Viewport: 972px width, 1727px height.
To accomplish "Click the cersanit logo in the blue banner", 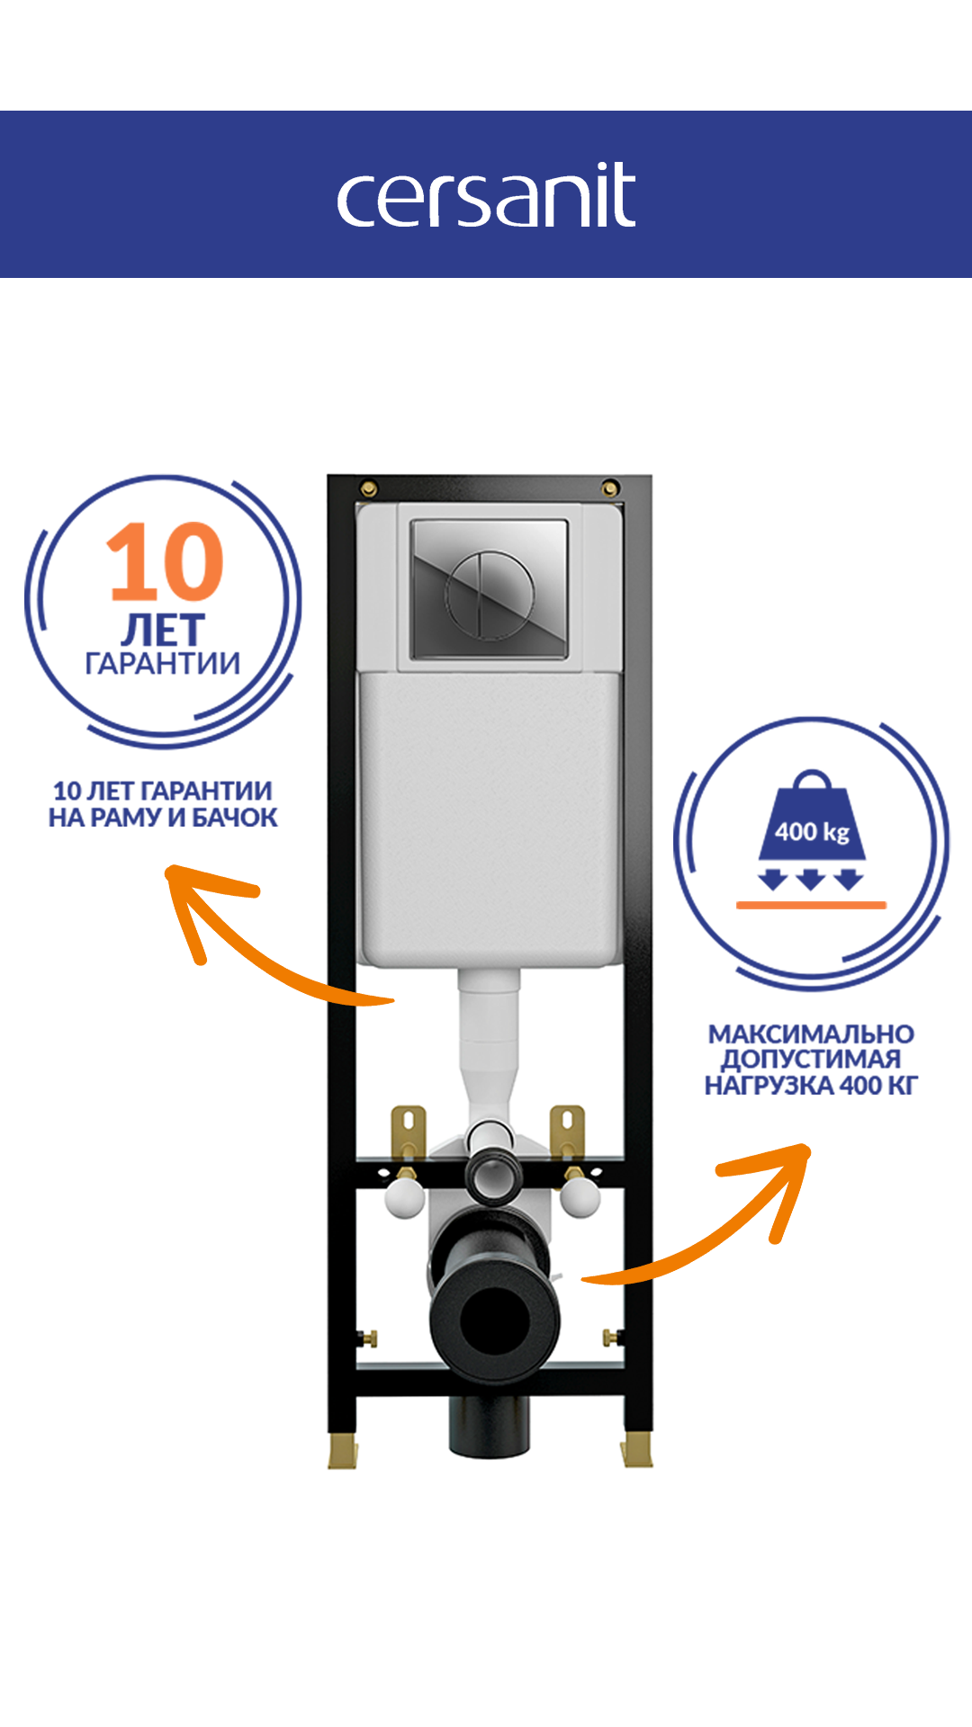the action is coord(486,195).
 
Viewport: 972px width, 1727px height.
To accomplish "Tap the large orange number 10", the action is coord(166,563).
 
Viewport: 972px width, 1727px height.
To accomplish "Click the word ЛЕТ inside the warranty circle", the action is coord(163,629).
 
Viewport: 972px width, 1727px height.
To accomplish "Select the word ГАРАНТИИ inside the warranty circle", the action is coord(163,664).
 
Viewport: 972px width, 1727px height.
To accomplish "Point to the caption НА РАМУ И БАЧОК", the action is coord(163,818).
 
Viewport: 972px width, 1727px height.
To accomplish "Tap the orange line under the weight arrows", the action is coord(811,905).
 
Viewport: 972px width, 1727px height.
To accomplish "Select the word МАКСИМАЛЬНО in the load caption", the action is coord(811,1034).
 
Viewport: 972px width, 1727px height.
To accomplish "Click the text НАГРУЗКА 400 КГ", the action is coord(811,1086).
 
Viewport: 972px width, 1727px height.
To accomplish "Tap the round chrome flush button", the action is coord(490,595).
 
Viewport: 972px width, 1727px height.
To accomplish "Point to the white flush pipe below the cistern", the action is coord(490,1034).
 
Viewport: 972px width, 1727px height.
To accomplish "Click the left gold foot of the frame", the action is coord(342,1450).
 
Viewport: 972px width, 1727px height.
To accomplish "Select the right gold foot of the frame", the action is coord(636,1450).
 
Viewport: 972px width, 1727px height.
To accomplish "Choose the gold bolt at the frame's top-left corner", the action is coord(368,488).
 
